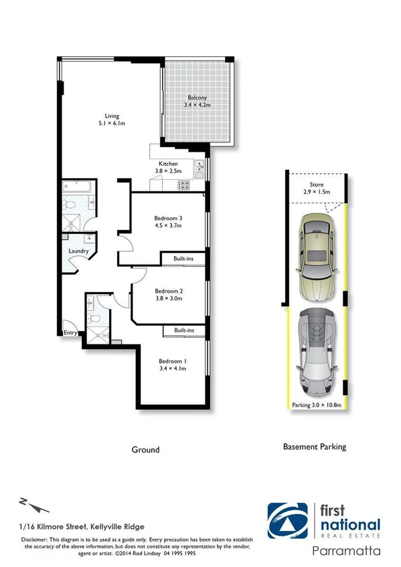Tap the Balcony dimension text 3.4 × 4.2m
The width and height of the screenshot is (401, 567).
click(x=197, y=106)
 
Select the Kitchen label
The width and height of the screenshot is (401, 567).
click(x=167, y=164)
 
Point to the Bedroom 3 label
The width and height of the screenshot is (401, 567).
click(x=168, y=218)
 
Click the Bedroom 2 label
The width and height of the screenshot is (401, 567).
click(x=168, y=291)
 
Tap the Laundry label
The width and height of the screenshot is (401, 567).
click(x=78, y=251)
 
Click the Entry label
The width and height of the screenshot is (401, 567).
click(x=70, y=332)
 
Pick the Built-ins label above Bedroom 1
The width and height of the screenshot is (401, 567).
click(x=184, y=330)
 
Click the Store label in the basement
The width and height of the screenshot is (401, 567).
click(x=316, y=185)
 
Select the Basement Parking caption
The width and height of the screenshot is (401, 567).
click(x=315, y=447)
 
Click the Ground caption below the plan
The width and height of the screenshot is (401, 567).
click(x=145, y=449)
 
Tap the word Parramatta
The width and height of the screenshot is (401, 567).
click(x=347, y=552)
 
